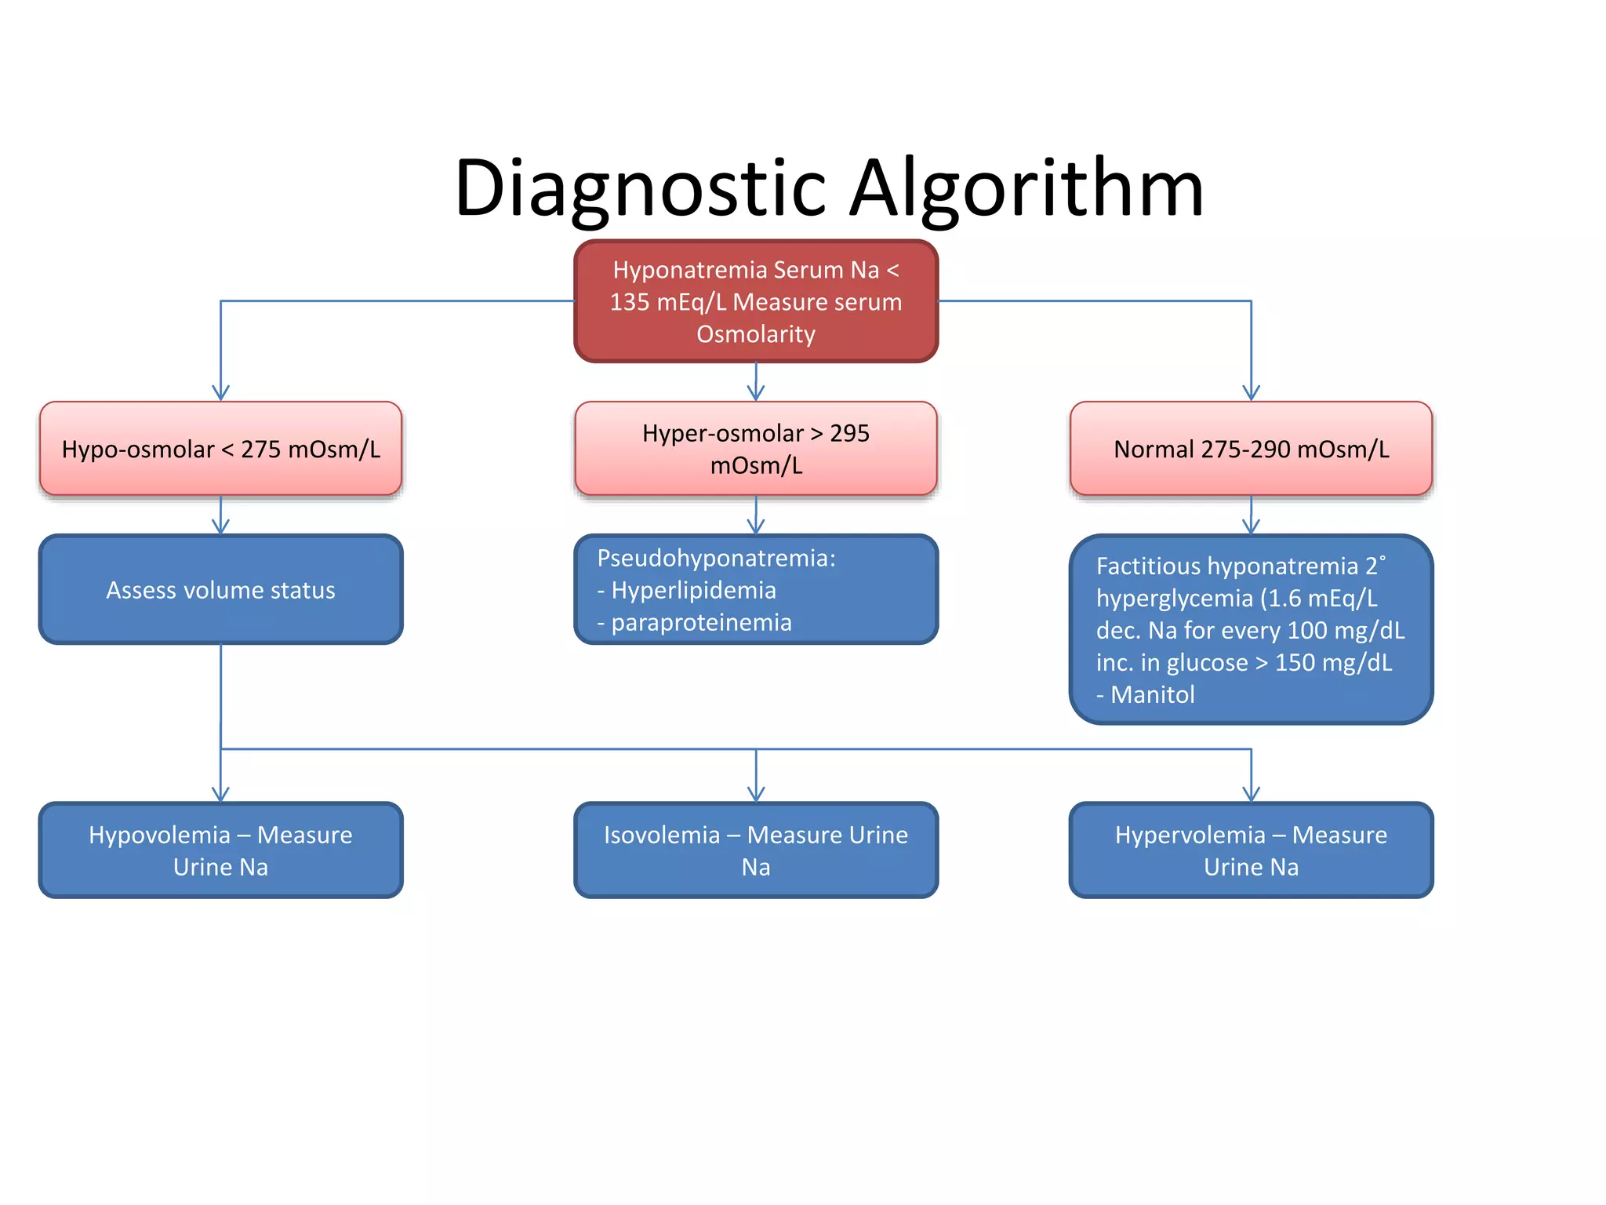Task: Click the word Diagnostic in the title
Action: (639, 188)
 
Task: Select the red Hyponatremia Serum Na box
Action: (756, 301)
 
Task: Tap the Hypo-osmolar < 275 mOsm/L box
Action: (220, 449)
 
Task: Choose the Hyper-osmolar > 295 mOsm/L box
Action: (756, 449)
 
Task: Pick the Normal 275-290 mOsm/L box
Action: (1251, 449)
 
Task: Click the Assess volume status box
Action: (220, 590)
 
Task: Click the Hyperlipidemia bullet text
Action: (693, 590)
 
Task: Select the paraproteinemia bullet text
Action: (701, 622)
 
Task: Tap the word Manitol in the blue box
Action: (1152, 694)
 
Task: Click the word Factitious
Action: (1147, 566)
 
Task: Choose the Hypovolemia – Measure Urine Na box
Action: (220, 850)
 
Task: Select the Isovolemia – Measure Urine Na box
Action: (756, 850)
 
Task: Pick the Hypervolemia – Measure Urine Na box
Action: (1251, 850)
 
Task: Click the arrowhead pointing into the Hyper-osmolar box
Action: (756, 393)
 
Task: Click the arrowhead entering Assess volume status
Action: (220, 526)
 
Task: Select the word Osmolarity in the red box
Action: (756, 334)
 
